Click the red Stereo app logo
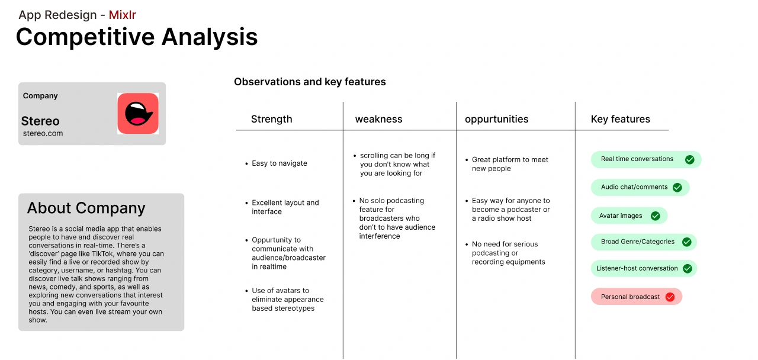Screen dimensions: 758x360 click(138, 113)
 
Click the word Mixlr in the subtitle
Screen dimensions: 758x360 click(122, 15)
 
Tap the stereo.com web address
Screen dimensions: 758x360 click(43, 133)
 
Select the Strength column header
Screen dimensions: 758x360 click(271, 119)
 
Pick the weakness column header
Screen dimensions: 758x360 click(378, 119)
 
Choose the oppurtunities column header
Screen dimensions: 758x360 click(496, 119)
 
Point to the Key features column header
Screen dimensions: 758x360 click(620, 119)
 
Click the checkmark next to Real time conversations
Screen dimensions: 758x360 click(690, 160)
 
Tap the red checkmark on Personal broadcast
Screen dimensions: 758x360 click(670, 297)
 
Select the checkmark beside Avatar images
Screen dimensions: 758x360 click(656, 216)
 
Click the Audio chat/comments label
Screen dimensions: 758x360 click(634, 187)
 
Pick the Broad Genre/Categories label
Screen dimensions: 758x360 click(638, 242)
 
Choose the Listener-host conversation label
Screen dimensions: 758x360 click(637, 268)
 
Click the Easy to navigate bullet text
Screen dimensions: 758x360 click(280, 163)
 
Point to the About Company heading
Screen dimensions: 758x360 click(86, 208)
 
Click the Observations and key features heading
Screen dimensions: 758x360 click(310, 82)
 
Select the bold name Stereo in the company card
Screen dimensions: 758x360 click(40, 121)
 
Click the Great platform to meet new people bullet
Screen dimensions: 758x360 click(510, 164)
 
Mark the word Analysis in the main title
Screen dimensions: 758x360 click(210, 37)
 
